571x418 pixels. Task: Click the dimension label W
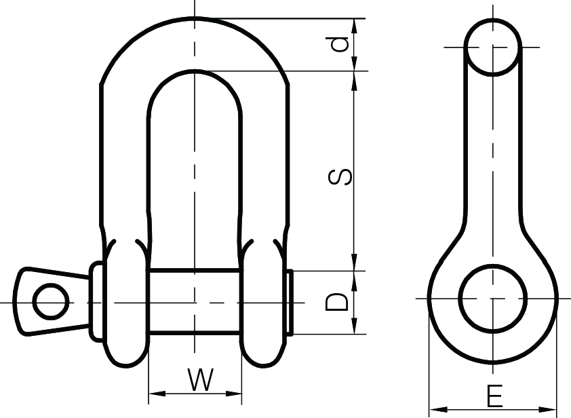(200, 380)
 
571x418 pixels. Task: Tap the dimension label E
(494, 396)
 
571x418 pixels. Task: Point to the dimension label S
(340, 177)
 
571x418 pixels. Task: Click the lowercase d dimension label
(342, 43)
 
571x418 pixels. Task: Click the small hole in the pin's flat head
(51, 301)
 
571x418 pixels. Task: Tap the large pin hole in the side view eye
(493, 298)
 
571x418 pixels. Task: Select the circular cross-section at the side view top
(493, 47)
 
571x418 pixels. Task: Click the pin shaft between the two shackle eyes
(194, 301)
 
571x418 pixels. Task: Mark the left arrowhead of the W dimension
(153, 393)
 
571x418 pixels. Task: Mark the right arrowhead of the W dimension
(237, 393)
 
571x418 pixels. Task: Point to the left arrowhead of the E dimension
(435, 409)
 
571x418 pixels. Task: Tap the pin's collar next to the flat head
(97, 301)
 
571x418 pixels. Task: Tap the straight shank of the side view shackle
(493, 149)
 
